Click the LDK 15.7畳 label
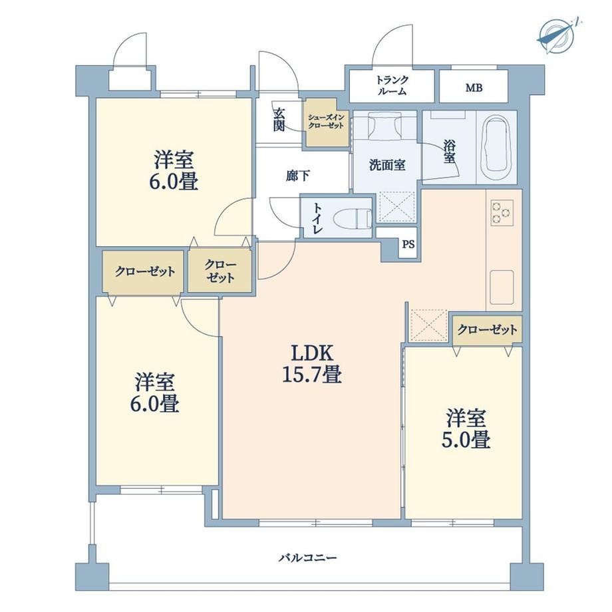click(x=312, y=364)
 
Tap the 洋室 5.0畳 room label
click(x=466, y=428)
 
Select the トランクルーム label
click(x=391, y=85)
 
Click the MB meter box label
click(x=474, y=88)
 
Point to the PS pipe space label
click(x=408, y=245)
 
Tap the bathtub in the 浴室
click(x=497, y=147)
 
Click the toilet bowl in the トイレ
click(x=353, y=218)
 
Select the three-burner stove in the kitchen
click(x=502, y=213)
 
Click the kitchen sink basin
click(x=502, y=287)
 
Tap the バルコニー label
click(x=307, y=557)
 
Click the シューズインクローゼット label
click(x=326, y=121)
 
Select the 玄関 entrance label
click(x=279, y=120)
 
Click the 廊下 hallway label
click(x=298, y=176)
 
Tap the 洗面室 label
click(x=387, y=165)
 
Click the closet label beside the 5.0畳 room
click(x=487, y=330)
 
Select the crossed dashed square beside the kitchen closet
click(x=428, y=325)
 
